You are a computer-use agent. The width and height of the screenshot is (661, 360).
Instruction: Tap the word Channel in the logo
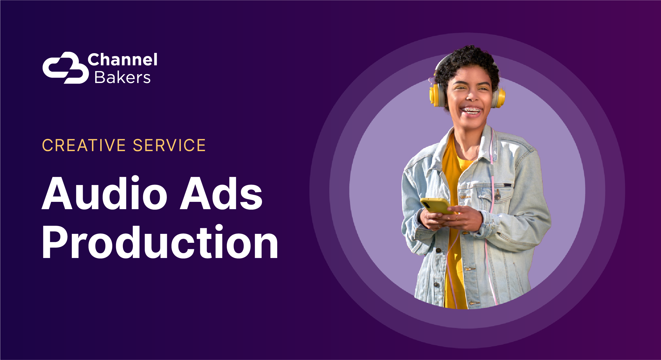pos(122,60)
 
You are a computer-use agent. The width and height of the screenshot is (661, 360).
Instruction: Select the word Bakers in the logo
pos(122,78)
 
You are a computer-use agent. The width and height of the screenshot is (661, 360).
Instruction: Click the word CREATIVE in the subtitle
pos(84,145)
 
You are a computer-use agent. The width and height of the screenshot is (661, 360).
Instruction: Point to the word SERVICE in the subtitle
pos(169,145)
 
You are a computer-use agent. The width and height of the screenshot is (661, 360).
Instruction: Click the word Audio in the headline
pos(104,193)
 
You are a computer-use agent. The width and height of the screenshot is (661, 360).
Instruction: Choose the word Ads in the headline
pos(221,193)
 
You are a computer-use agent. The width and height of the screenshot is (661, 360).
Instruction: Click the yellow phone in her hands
pos(435,205)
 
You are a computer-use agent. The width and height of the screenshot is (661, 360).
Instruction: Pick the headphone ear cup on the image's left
pos(435,95)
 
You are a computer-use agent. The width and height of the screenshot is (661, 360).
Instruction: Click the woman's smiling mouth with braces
pos(472,111)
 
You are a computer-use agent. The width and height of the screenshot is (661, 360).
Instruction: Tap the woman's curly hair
pos(467,60)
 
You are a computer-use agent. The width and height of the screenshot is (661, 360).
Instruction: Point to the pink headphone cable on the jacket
pos(491,174)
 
